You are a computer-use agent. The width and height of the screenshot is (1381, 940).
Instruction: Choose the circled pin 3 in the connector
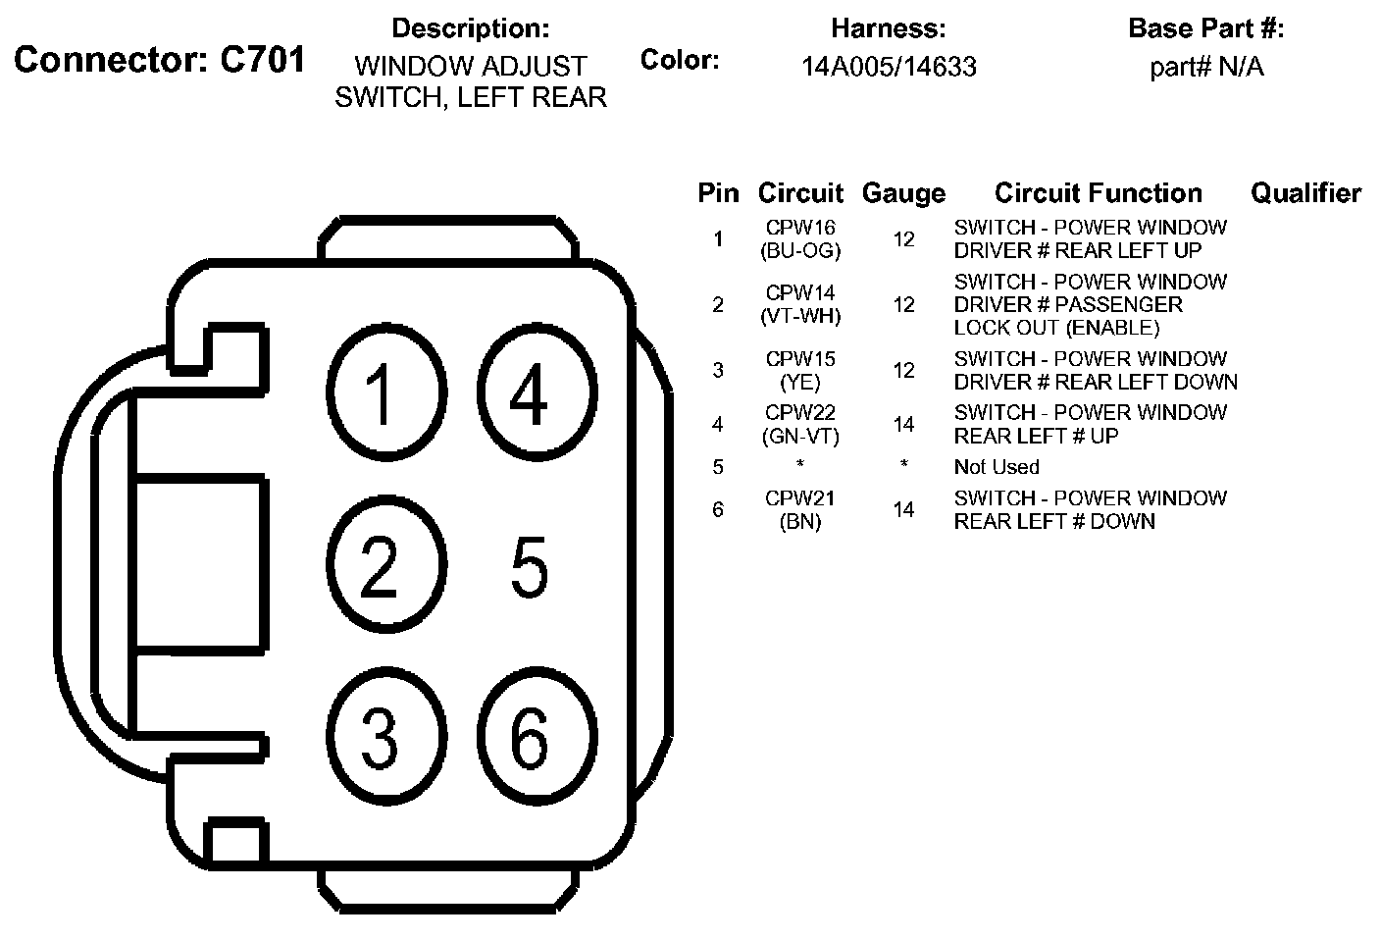click(x=379, y=737)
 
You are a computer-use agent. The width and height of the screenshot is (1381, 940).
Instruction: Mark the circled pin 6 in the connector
click(x=530, y=737)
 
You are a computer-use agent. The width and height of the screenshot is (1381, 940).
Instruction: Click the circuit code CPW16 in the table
click(x=800, y=228)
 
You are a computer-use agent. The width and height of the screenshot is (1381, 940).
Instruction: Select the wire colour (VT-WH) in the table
click(x=800, y=316)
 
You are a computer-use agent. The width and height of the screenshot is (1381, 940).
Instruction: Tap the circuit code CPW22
click(x=800, y=413)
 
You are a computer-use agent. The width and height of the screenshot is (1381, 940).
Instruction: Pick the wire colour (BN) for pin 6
click(x=800, y=522)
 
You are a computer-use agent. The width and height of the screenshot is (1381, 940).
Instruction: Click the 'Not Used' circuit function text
click(x=997, y=467)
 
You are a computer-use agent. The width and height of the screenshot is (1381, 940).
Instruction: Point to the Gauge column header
click(x=903, y=194)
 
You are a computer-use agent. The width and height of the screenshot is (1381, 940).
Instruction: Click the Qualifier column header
click(x=1305, y=193)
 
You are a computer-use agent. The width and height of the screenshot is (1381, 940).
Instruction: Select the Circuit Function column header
click(x=1098, y=193)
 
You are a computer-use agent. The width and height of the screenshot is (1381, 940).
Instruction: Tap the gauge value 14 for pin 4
click(x=903, y=425)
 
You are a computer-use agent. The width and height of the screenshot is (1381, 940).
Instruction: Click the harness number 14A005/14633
click(x=889, y=67)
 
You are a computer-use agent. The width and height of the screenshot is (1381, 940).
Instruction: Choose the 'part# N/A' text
click(x=1206, y=67)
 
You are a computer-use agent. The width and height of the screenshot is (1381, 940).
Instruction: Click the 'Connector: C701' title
click(x=160, y=61)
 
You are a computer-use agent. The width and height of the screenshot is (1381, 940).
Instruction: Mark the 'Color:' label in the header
click(x=680, y=60)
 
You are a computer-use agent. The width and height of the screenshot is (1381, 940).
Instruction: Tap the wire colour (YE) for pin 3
click(x=800, y=382)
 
